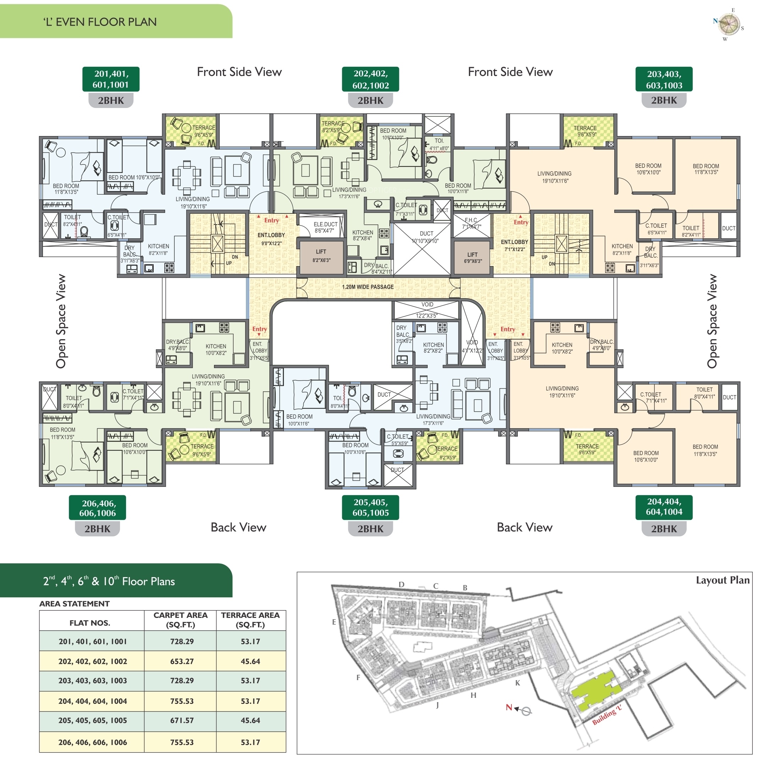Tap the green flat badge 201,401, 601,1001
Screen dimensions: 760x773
pos(111,79)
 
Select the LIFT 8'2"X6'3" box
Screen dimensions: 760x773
pos(321,256)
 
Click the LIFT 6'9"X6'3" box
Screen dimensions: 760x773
pos(472,258)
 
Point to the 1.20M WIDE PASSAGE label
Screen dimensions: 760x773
pos(367,287)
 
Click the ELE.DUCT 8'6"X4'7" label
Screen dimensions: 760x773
pos(325,227)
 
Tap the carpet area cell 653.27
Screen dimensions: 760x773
pos(182,661)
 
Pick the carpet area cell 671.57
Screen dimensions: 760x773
pos(182,721)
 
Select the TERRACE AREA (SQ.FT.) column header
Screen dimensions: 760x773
pos(251,620)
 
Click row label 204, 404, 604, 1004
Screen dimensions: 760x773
pos(93,701)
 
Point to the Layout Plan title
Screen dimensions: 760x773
pos(722,580)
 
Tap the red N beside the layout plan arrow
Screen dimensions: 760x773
pos(509,707)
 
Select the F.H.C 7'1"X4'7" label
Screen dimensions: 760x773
pos(471,223)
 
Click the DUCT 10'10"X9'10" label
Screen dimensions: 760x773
pos(426,237)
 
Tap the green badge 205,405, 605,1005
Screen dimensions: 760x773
pos(371,507)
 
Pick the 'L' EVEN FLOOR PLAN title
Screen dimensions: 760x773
pos(100,22)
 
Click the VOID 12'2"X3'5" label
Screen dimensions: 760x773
pos(427,310)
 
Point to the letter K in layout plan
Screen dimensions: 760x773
pos(517,683)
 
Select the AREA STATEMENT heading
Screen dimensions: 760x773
pos(74,603)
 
